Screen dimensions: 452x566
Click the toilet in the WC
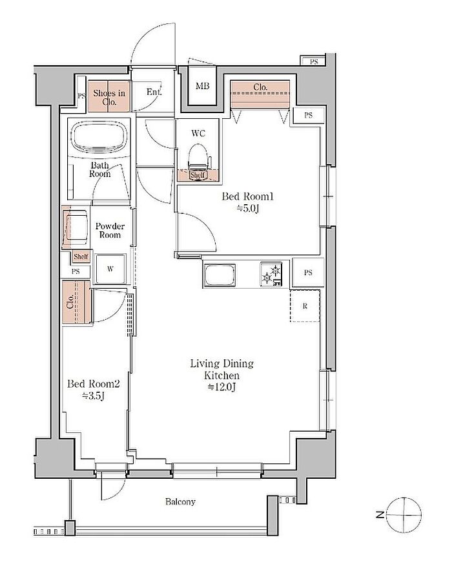point(198,157)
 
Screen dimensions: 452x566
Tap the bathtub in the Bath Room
point(99,137)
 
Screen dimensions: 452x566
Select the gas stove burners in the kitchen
point(271,274)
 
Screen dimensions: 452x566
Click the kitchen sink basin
point(220,275)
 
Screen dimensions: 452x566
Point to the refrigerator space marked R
point(305,306)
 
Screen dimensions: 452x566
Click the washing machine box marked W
point(110,269)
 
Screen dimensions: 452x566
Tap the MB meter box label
point(202,86)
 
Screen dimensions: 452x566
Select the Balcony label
point(180,501)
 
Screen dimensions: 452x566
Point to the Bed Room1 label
point(247,196)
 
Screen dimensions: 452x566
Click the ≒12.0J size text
point(222,387)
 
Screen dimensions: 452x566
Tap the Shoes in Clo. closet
point(108,96)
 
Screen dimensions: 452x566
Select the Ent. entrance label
point(154,92)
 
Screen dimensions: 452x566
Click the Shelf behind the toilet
point(198,175)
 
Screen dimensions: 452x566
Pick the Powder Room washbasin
point(76,227)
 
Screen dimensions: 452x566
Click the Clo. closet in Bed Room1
point(260,94)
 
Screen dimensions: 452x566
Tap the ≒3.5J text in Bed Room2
point(94,396)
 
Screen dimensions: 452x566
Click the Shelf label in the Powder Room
point(81,257)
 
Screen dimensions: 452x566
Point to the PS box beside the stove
point(308,273)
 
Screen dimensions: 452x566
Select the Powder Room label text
point(110,230)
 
